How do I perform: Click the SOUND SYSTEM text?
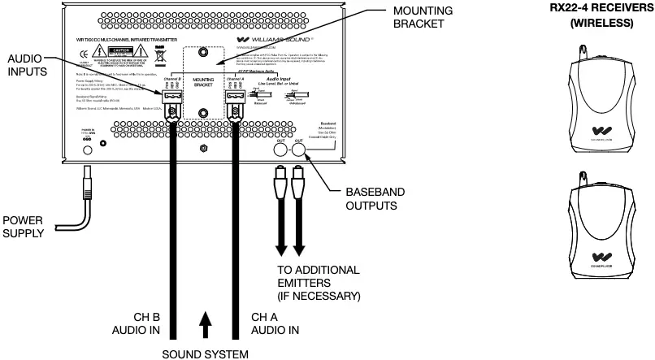point(204,353)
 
